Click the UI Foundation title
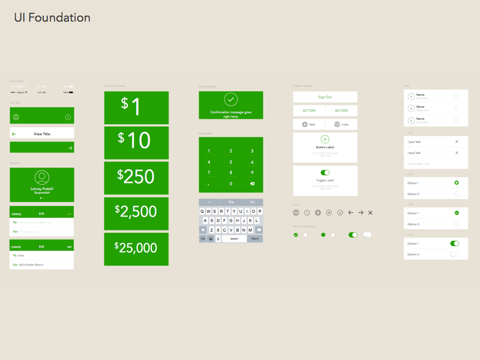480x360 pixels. [x=52, y=18]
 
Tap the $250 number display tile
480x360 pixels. [x=136, y=177]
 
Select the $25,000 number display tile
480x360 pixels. [x=136, y=248]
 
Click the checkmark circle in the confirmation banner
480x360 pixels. [x=230, y=100]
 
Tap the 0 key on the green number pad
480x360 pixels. [x=231, y=184]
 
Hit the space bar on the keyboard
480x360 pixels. [x=234, y=239]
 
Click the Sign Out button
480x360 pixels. [x=325, y=97]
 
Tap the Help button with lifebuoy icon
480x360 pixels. [x=309, y=124]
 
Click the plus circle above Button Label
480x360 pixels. [x=325, y=139]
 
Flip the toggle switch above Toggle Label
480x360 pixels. [x=325, y=173]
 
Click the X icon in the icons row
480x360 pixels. [x=370, y=213]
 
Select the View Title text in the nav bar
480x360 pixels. [x=42, y=134]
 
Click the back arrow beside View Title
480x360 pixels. [x=14, y=134]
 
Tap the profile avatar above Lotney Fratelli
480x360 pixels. [x=42, y=178]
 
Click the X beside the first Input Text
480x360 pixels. [x=457, y=142]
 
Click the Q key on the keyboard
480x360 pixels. [x=202, y=212]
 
